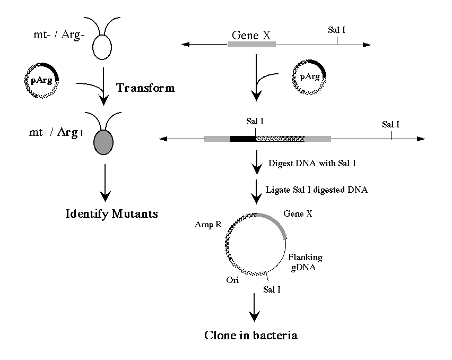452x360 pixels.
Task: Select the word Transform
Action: coord(145,88)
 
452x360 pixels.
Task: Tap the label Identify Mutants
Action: coord(112,215)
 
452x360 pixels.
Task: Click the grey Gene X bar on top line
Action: coord(251,45)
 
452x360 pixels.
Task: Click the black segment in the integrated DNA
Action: coord(242,139)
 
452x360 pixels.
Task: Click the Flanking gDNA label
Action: coord(305,262)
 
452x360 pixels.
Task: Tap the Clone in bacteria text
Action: coord(251,336)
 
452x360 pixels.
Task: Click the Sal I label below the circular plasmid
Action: coord(273,290)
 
